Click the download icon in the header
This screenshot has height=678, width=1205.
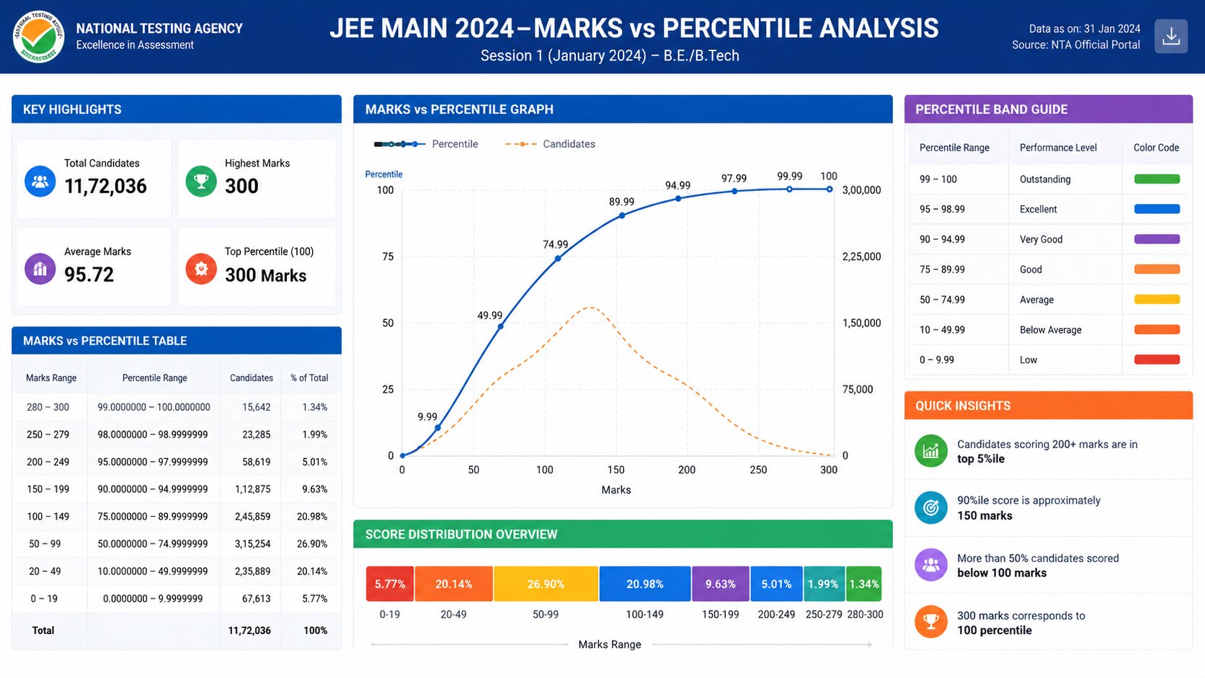[1170, 37]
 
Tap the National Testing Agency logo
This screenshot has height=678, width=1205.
[38, 37]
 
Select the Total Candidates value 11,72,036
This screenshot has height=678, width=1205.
[105, 186]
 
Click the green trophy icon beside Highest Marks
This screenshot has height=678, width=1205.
[201, 181]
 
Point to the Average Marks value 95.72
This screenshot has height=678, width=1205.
[89, 275]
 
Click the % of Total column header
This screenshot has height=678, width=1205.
[309, 378]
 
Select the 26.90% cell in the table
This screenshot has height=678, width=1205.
[312, 544]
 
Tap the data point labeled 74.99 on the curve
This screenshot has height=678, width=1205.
[558, 259]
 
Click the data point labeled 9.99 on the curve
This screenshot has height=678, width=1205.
[437, 428]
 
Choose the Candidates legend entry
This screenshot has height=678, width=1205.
[551, 144]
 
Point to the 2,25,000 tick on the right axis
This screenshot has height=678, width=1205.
[861, 257]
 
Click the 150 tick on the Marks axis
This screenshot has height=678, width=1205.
[616, 470]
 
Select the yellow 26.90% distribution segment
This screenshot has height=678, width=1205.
[546, 584]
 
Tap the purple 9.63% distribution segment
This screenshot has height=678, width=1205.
[720, 584]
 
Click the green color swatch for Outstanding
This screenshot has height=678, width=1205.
[1157, 179]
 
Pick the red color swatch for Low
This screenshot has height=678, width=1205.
[1157, 360]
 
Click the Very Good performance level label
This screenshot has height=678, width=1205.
[1041, 239]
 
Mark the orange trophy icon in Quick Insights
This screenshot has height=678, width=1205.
[930, 622]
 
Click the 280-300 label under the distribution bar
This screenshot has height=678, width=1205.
[865, 615]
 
